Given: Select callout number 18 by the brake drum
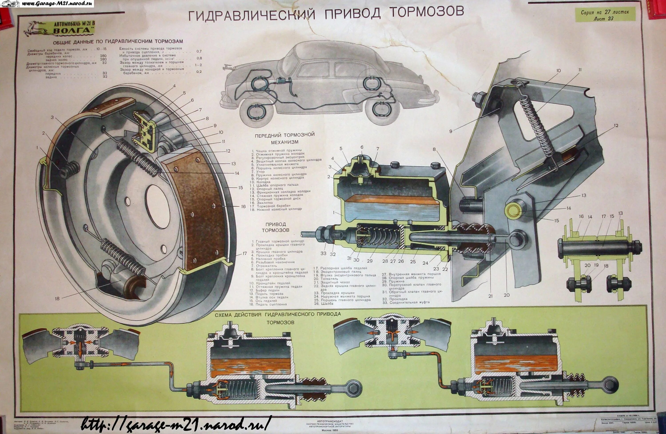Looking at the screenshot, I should pos(57,298).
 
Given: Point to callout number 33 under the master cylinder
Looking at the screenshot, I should pos(323,253).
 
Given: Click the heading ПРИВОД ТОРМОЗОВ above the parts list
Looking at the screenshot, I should pos(276,227).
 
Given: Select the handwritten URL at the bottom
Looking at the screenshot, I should pos(176,424).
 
